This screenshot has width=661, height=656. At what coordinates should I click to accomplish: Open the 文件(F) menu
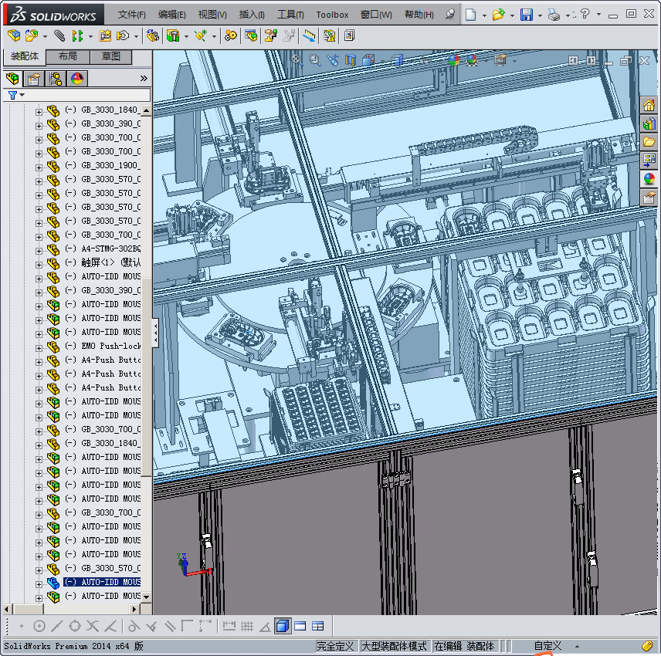(x=132, y=15)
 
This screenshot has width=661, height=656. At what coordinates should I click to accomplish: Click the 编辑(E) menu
(x=171, y=15)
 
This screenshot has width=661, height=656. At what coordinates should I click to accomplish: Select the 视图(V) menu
(x=212, y=15)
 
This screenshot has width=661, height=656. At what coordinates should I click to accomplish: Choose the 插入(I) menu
(x=252, y=15)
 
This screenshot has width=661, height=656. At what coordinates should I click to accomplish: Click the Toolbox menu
(x=332, y=15)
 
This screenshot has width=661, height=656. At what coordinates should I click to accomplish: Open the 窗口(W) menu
(x=376, y=15)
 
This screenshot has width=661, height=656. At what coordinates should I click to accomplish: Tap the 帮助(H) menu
(x=419, y=15)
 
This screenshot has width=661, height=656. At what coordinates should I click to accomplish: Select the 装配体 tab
(x=25, y=56)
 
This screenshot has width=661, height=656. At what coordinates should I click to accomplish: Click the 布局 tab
(x=68, y=56)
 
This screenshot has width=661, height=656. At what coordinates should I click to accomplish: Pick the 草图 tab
(x=110, y=56)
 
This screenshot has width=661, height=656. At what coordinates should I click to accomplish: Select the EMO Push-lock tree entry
(x=110, y=346)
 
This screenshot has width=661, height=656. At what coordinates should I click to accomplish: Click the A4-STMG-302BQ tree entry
(x=110, y=249)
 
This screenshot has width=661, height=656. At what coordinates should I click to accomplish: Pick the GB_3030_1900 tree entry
(x=110, y=165)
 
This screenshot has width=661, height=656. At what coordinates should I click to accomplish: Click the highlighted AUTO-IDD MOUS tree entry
(x=110, y=582)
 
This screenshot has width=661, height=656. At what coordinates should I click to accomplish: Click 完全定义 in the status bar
(x=335, y=646)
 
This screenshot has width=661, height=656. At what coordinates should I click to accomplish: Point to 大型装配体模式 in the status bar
(x=394, y=646)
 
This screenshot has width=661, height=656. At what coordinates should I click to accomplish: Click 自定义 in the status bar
(x=547, y=646)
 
